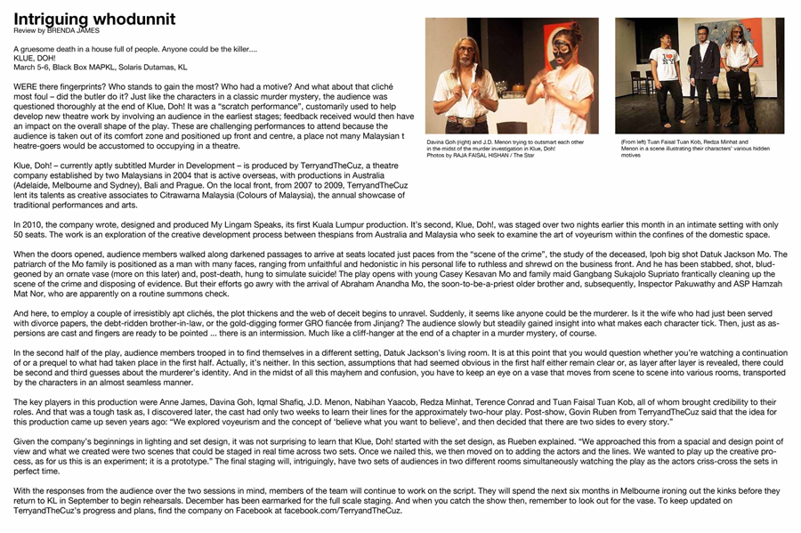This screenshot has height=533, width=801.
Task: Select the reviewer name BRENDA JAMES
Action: coord(73,29)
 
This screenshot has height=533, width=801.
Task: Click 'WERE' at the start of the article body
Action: coord(24,85)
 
